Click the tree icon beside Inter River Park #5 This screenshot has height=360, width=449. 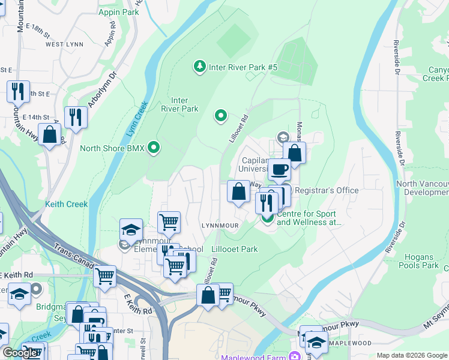[199, 67]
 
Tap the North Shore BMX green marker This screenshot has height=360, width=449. [154, 148]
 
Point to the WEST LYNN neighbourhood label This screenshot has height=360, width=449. [63, 44]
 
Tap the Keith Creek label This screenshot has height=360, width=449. [66, 204]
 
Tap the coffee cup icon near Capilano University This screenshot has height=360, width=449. [279, 170]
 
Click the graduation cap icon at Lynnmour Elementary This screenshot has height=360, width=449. [131, 229]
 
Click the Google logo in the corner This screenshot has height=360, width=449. [19, 353]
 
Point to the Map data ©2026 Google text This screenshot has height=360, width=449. [412, 355]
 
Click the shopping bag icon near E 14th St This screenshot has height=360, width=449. [50, 134]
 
